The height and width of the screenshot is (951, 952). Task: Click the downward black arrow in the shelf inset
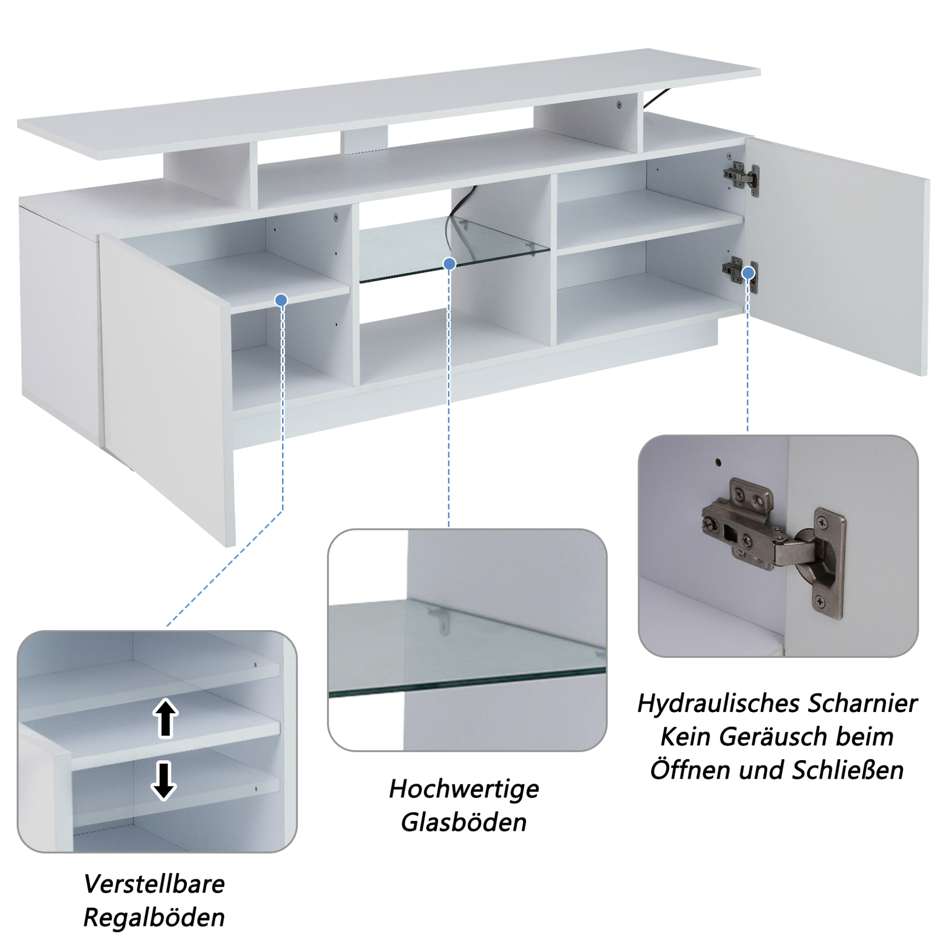164,781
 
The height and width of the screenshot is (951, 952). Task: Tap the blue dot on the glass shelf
449,264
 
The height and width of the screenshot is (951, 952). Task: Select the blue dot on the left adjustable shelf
282,300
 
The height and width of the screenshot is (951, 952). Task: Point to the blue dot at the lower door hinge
749,272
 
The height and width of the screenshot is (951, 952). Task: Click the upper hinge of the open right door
740,175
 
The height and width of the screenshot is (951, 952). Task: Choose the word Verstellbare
154,884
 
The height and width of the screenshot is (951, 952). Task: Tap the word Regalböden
154,919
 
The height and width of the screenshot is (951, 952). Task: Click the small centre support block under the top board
364,140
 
